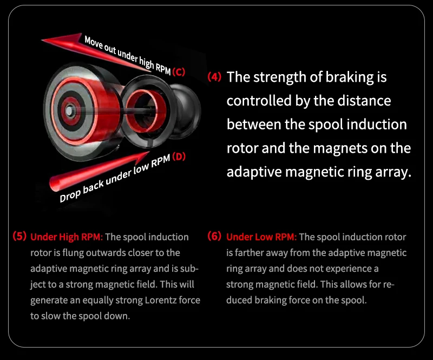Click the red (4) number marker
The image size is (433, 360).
click(x=214, y=77)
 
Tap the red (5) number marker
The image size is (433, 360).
click(x=19, y=236)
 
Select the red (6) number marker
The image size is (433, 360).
click(x=214, y=236)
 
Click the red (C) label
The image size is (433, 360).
click(x=179, y=72)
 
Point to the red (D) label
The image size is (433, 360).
click(x=179, y=156)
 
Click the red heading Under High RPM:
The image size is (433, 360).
click(x=67, y=237)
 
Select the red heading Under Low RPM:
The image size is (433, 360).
click(x=261, y=237)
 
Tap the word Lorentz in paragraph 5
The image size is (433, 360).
click(x=161, y=300)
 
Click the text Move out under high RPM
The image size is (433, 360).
click(x=128, y=55)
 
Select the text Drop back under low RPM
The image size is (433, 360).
click(x=115, y=178)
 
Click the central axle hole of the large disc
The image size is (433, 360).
click(x=70, y=111)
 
